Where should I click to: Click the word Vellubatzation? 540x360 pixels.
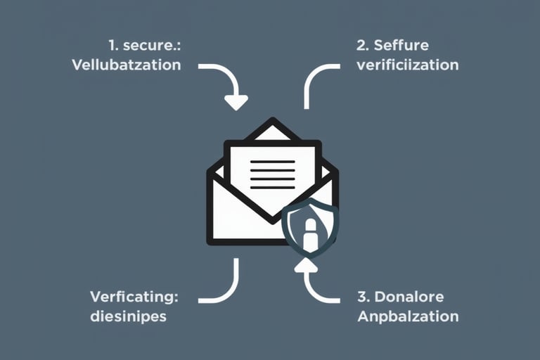click(x=127, y=65)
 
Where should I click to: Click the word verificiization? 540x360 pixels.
click(x=408, y=65)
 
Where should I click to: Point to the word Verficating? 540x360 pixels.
click(x=134, y=296)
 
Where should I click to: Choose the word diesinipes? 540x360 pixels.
click(x=128, y=316)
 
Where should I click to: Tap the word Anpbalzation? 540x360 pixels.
click(x=408, y=316)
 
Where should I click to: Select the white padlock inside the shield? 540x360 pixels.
click(x=310, y=236)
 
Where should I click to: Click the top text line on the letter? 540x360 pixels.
click(x=272, y=162)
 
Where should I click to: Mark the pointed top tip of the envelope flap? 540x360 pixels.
click(x=272, y=121)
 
